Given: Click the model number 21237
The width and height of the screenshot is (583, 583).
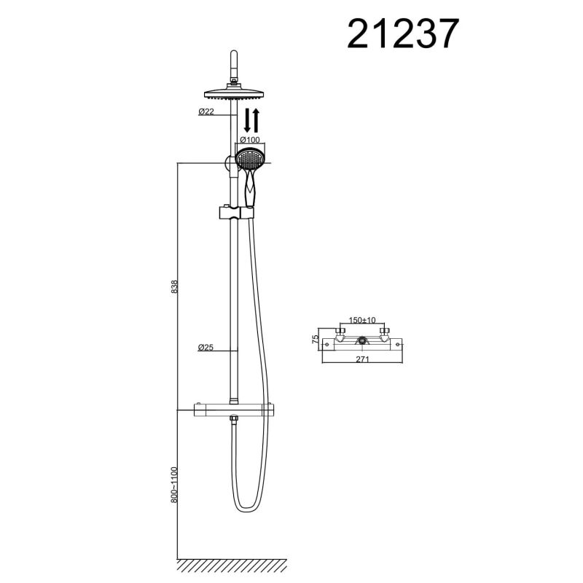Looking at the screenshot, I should [x=403, y=33].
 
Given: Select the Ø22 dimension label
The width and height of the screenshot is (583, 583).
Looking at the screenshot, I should [x=206, y=111].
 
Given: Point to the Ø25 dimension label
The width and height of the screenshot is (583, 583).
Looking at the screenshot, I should [x=206, y=348].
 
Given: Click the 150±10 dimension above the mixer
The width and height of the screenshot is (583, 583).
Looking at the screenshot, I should [x=361, y=320].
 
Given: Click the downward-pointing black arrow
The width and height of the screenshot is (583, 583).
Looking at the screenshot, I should [x=248, y=120].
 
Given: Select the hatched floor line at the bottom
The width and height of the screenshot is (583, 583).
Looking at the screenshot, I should [x=232, y=565].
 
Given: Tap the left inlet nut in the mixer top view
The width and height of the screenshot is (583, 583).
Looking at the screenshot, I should [x=340, y=334].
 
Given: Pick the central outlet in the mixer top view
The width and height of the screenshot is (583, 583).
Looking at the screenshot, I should [x=362, y=341].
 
